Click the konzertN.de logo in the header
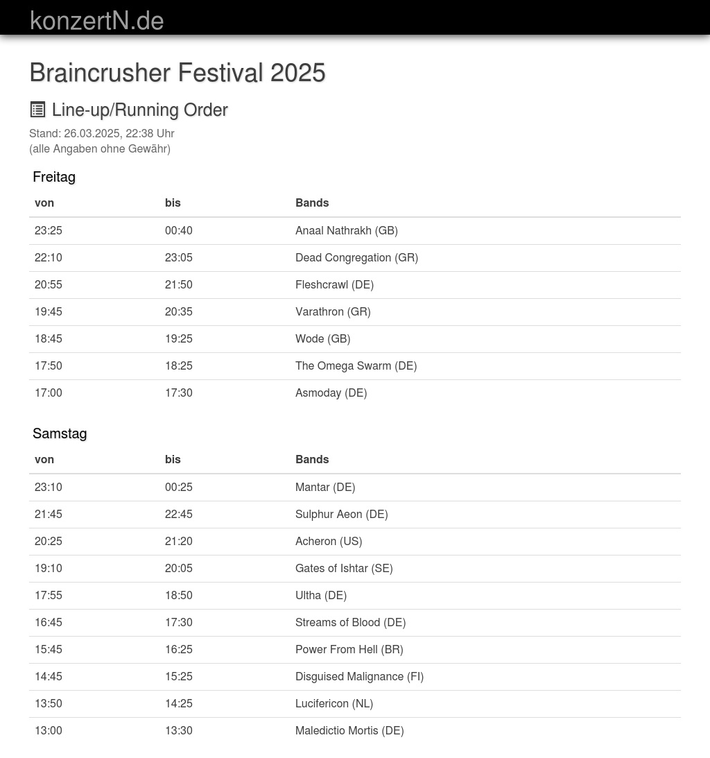(x=97, y=21)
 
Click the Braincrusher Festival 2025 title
(x=177, y=73)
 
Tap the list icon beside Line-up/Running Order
(x=37, y=110)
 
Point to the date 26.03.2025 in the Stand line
(x=92, y=133)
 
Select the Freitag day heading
(x=54, y=177)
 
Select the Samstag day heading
(x=60, y=433)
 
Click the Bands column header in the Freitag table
(x=312, y=203)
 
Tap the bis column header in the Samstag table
(x=173, y=459)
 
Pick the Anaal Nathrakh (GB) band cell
(x=347, y=230)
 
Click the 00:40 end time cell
(x=179, y=230)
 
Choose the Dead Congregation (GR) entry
(x=356, y=257)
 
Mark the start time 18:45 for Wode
(x=49, y=338)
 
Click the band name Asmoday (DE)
(x=331, y=393)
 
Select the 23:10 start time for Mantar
(x=49, y=487)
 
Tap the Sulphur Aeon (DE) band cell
(x=341, y=514)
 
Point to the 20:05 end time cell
(x=179, y=568)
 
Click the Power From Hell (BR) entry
(x=349, y=649)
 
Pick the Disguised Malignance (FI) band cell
(x=359, y=676)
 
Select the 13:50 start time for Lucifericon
(x=49, y=703)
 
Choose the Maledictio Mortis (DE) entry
(x=349, y=730)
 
